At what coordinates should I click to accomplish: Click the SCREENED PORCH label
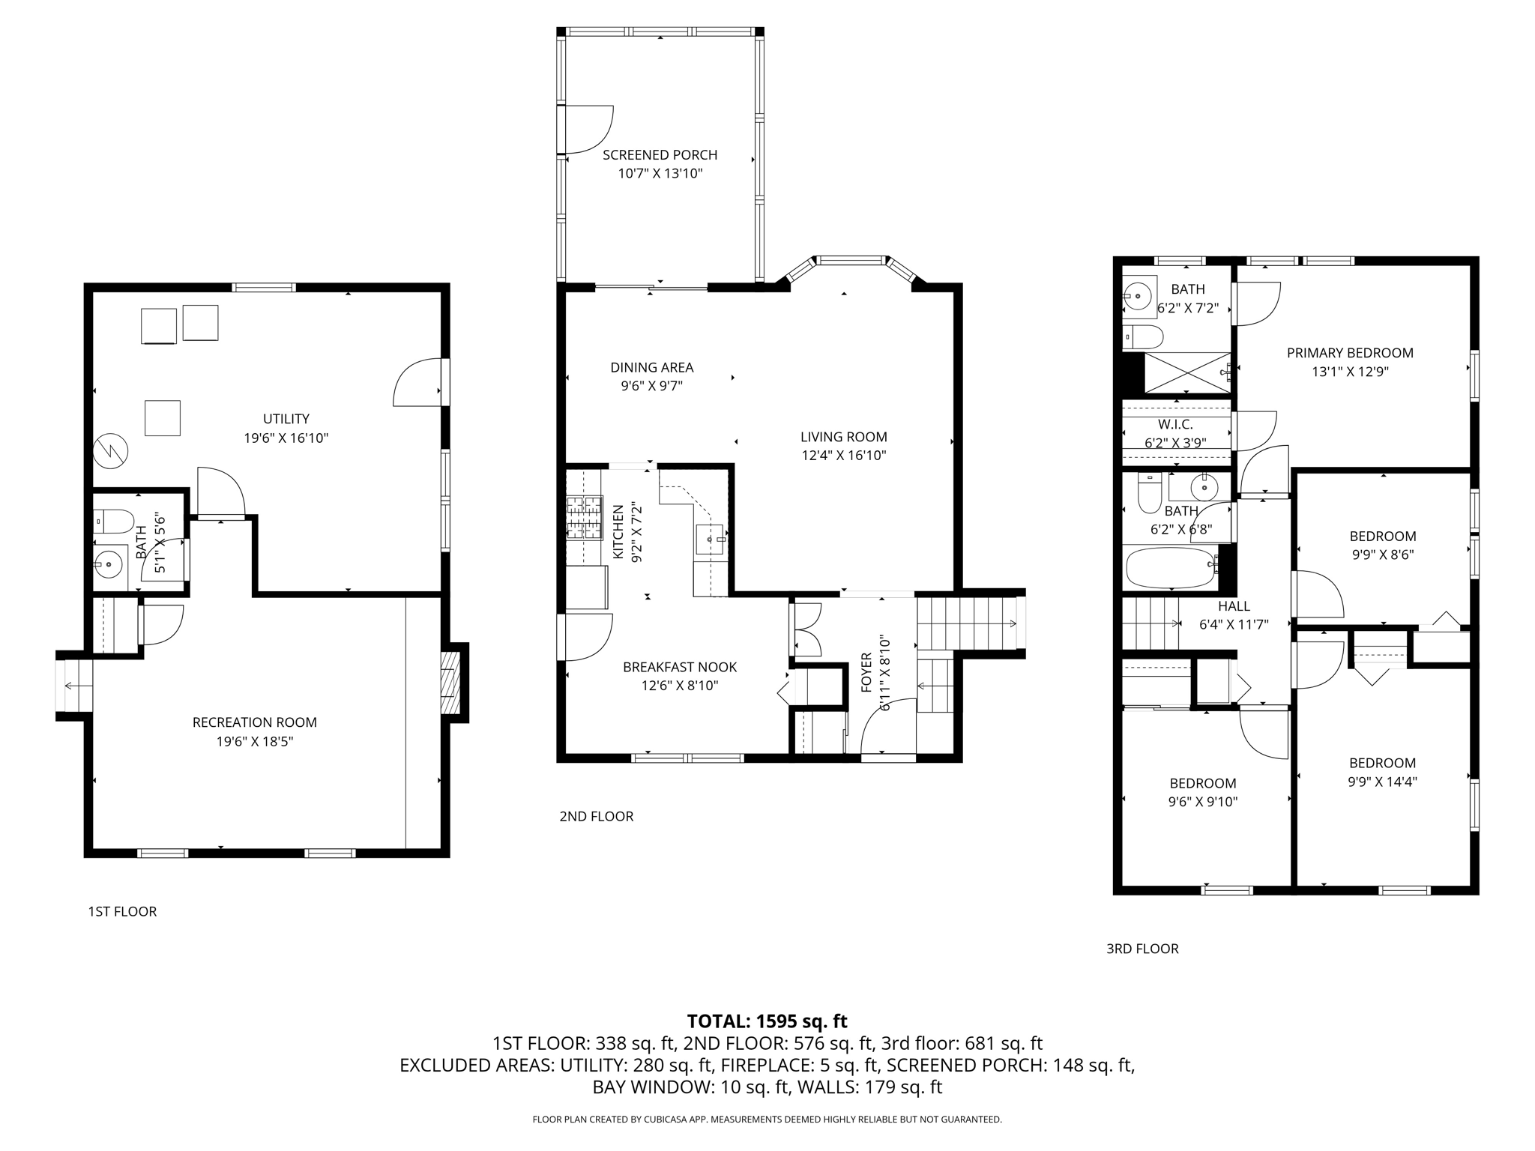click(660, 155)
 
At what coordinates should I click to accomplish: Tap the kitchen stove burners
click(585, 517)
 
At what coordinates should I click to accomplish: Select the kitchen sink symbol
click(709, 539)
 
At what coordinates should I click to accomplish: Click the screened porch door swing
click(588, 129)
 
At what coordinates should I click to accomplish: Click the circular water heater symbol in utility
click(111, 450)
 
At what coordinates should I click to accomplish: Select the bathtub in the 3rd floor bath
click(1171, 567)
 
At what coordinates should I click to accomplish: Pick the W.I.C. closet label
click(1175, 425)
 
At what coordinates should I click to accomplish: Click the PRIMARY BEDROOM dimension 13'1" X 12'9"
click(1349, 372)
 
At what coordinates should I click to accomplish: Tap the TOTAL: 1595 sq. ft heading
click(767, 1021)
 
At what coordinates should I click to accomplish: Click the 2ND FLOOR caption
click(596, 817)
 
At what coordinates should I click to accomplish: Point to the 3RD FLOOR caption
click(1142, 949)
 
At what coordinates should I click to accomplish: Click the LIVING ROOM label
click(843, 437)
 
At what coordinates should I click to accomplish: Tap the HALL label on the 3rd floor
click(1233, 606)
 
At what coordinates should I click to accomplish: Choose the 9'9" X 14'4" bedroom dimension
click(1382, 782)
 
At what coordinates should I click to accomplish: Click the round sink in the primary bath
click(1138, 297)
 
